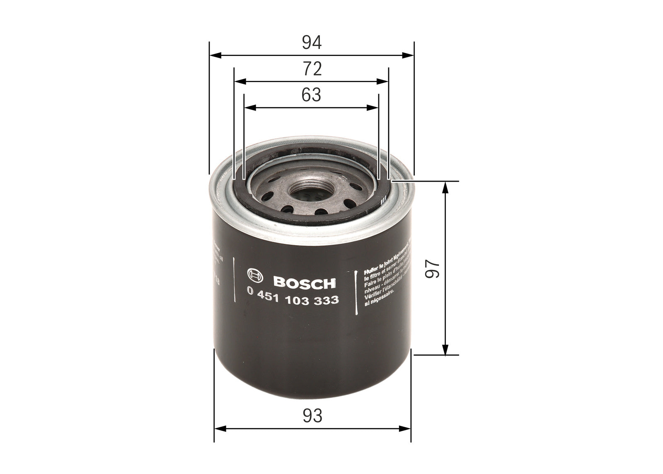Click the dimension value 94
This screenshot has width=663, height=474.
click(x=312, y=43)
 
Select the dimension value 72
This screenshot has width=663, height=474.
click(x=312, y=69)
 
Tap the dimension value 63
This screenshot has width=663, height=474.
click(x=312, y=95)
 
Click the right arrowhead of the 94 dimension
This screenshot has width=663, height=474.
click(x=410, y=55)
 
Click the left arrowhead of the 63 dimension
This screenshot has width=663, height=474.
click(x=248, y=107)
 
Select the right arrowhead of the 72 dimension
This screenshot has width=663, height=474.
click(x=385, y=81)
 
